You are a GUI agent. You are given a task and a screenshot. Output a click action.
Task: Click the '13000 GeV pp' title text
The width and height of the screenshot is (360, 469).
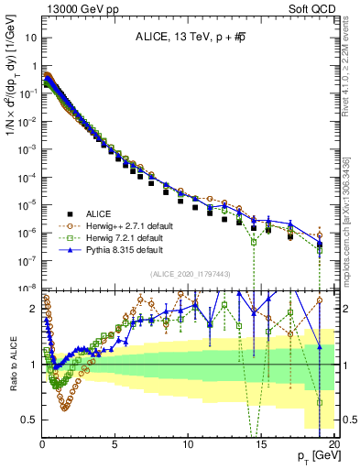click(x=81, y=8)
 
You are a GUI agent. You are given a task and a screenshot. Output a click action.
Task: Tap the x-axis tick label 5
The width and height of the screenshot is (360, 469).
click(x=115, y=444)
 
